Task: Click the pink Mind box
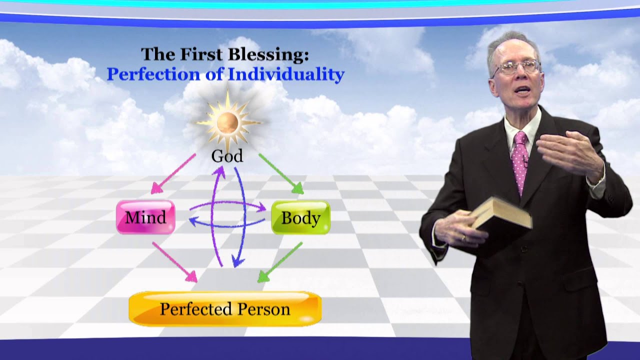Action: pyautogui.click(x=145, y=217)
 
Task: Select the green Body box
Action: pyautogui.click(x=300, y=217)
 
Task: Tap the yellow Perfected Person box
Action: pyautogui.click(x=225, y=309)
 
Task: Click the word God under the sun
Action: pyautogui.click(x=227, y=156)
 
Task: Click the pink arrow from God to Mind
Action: pyautogui.click(x=173, y=174)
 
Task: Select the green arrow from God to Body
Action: pyautogui.click(x=281, y=173)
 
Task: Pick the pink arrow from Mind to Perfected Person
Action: pyautogui.click(x=175, y=262)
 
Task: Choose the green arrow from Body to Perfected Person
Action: pyautogui.click(x=280, y=262)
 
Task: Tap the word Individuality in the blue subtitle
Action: pyautogui.click(x=286, y=74)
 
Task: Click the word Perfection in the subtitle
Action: pyautogui.click(x=153, y=74)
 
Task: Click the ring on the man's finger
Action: pyautogui.click(x=463, y=237)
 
